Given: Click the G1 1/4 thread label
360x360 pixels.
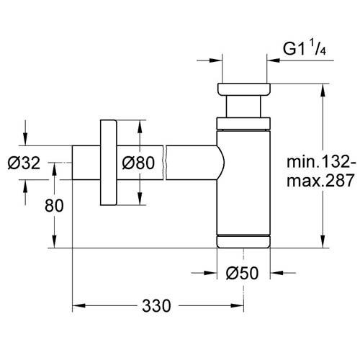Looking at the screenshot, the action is [305, 49].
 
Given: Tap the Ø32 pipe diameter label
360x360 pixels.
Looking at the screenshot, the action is [24, 163].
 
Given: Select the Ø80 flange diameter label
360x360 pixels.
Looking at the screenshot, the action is [138, 163].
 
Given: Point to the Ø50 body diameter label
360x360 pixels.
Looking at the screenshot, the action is [243, 273].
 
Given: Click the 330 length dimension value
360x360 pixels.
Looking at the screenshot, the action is [156, 306].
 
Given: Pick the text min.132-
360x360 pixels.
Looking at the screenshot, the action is [321, 162].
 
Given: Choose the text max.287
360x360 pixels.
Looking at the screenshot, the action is [320, 181].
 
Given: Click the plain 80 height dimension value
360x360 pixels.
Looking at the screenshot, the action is [54, 205].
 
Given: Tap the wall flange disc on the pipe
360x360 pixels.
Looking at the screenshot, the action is [109, 163].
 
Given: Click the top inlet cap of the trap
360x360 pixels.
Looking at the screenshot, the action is [244, 89].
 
